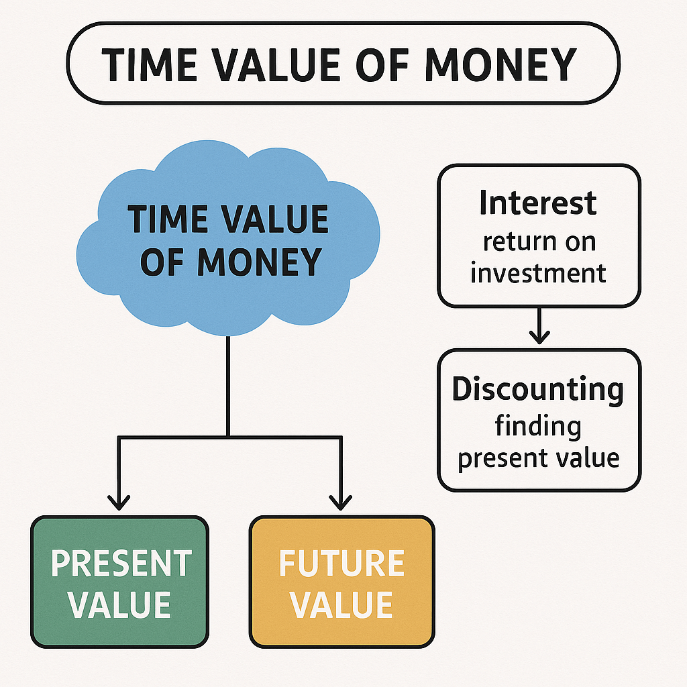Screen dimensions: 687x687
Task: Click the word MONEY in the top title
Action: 500,64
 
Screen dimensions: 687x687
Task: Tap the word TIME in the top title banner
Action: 150,64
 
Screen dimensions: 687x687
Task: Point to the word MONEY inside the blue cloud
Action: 260,262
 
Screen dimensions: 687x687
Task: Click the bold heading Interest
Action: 538,203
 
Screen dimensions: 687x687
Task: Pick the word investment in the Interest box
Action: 538,273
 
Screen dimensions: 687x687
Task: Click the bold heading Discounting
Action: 538,389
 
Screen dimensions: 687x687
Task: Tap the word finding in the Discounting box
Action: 538,426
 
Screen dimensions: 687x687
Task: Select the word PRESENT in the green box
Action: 121,564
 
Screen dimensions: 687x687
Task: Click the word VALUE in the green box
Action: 119,604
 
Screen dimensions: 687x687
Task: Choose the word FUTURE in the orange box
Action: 341,564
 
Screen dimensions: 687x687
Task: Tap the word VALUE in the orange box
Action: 341,604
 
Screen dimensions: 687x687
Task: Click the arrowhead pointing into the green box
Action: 119,503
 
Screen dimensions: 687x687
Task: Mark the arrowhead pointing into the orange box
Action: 340,503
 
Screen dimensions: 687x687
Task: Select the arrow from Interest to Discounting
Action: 539,326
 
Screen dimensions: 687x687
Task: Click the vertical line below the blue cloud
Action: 228,386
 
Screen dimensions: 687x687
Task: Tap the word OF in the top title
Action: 382,64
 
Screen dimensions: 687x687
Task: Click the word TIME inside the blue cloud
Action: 167,219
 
